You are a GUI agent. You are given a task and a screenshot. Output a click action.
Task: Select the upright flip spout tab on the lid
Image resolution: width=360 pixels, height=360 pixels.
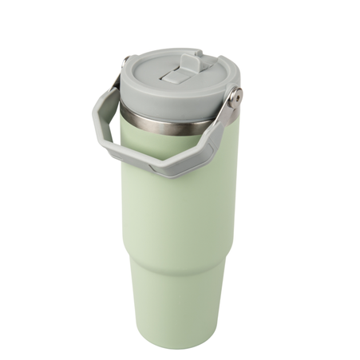[x=190, y=62]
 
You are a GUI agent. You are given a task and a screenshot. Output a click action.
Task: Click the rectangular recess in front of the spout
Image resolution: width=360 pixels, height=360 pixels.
[x=172, y=76]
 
